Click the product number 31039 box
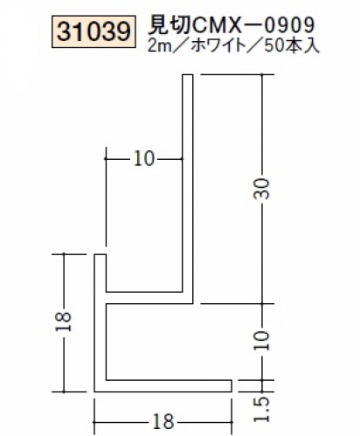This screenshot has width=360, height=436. click(x=93, y=31)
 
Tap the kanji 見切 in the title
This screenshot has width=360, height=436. click(x=168, y=24)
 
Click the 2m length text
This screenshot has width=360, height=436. click(x=159, y=46)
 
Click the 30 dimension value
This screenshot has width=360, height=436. click(x=261, y=189)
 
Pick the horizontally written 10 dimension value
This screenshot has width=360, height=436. click(x=144, y=159)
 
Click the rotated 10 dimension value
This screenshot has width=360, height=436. click(x=261, y=341)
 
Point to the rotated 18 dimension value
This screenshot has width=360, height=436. click(x=64, y=322)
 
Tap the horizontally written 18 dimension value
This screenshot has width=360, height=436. click(x=163, y=421)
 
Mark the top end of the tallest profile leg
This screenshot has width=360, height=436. click(x=188, y=75)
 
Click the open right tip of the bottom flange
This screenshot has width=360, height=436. click(x=232, y=386)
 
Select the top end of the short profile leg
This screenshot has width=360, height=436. click(x=100, y=255)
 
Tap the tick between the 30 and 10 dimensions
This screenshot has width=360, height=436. click(x=262, y=304)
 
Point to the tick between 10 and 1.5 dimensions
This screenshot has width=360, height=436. click(x=262, y=380)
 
